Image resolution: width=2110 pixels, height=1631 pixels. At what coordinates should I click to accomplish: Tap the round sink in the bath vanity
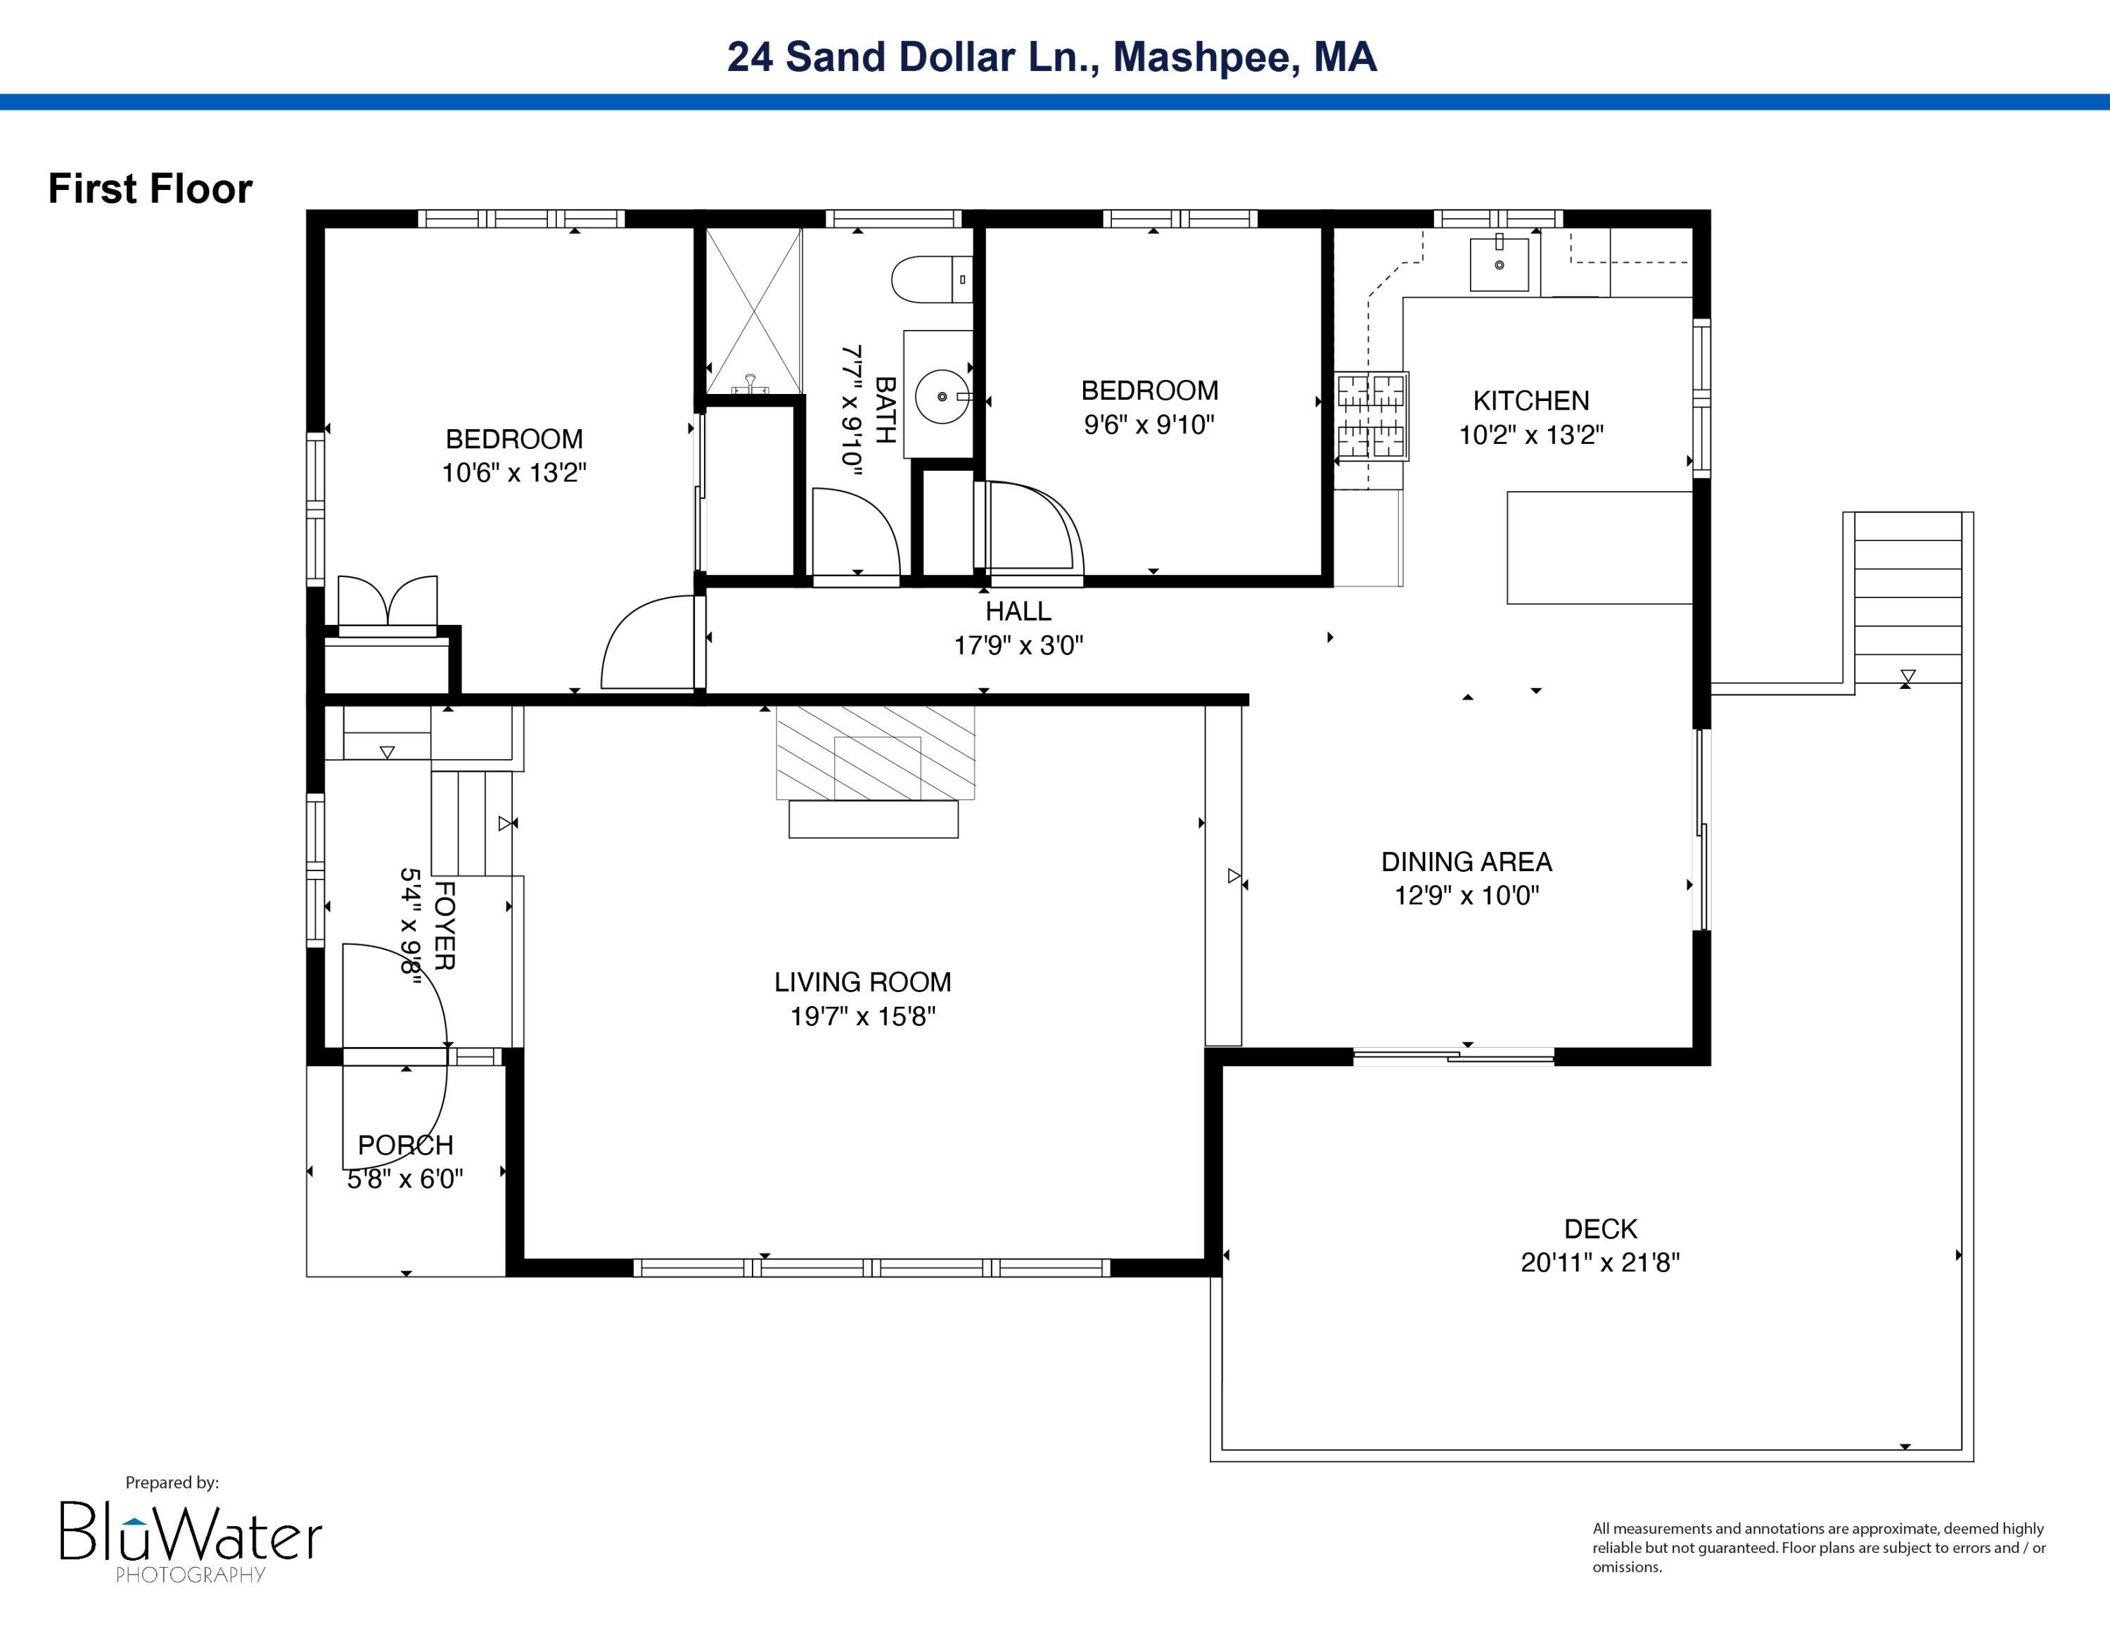pyautogui.click(x=941, y=396)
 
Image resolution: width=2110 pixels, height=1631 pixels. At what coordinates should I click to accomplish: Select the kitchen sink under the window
pyautogui.click(x=1498, y=264)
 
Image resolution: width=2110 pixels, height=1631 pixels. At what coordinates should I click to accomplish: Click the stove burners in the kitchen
pyautogui.click(x=1371, y=415)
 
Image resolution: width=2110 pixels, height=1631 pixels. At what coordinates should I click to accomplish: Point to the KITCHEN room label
pyautogui.click(x=1530, y=400)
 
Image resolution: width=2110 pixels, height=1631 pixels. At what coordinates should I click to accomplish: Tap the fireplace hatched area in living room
pyautogui.click(x=876, y=753)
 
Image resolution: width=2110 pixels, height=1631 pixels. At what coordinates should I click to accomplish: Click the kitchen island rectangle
pyautogui.click(x=1599, y=548)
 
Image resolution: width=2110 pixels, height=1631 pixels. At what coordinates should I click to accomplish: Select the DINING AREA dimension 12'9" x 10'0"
pyautogui.click(x=1466, y=895)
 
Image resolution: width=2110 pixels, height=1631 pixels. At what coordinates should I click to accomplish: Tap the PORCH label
pyautogui.click(x=405, y=1145)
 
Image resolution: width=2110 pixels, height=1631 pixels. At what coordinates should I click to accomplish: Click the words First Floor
pyautogui.click(x=150, y=189)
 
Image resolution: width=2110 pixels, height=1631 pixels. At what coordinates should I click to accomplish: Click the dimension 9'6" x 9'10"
pyautogui.click(x=1148, y=424)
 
